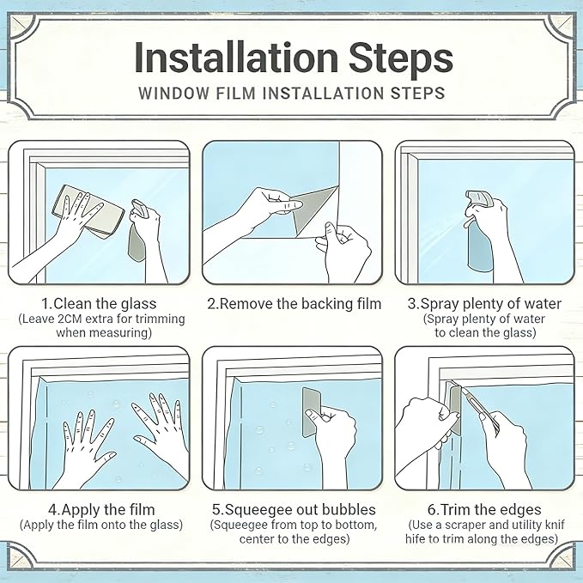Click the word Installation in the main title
coord(236,58)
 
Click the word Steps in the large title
coord(401,59)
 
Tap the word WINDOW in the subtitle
coord(173,93)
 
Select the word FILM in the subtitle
coord(236,93)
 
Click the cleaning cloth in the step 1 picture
coord(88,211)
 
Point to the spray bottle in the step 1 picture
coord(139,230)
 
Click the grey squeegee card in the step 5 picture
coord(311,412)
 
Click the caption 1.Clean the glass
coord(99,304)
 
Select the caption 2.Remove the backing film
coord(295,304)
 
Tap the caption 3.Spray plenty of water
coord(484,304)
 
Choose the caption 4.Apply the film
coord(101,509)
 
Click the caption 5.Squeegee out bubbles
coord(294,509)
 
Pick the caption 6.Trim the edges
coord(484,509)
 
